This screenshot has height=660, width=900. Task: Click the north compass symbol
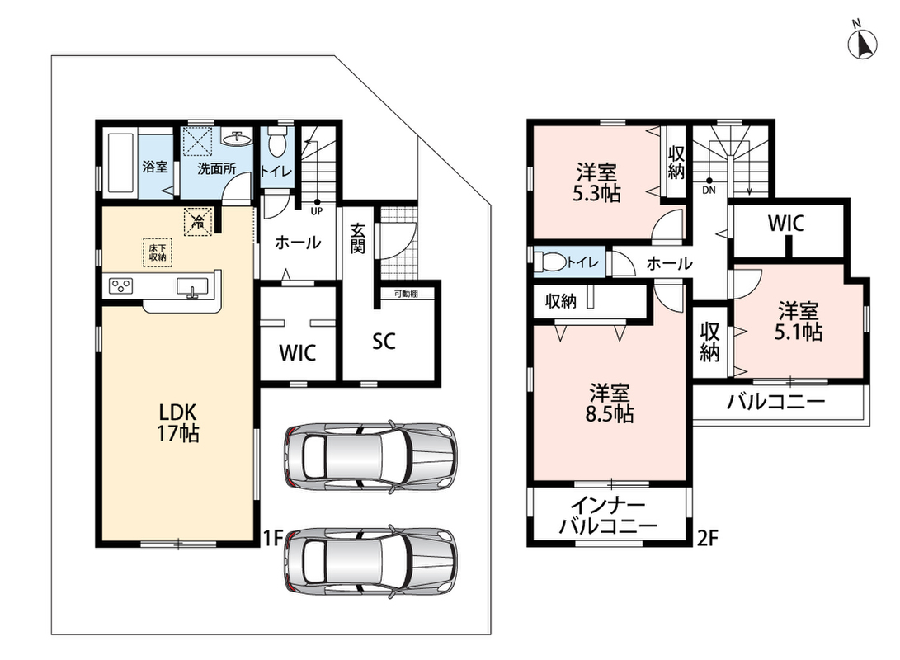[x=862, y=40]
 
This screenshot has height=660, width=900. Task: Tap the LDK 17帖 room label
[x=178, y=422]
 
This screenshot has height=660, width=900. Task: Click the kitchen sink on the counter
[x=192, y=286]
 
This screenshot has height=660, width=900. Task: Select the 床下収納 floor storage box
[x=158, y=253]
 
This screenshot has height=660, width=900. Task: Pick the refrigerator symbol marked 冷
[x=197, y=222]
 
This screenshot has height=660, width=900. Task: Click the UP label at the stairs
[x=316, y=210]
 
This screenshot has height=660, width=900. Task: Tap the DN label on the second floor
[x=709, y=190]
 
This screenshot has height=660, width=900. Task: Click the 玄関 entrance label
[x=357, y=238]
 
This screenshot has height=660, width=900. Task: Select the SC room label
[x=384, y=342]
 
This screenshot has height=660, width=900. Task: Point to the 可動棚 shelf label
[x=406, y=294]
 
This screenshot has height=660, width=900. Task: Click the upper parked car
[x=370, y=455]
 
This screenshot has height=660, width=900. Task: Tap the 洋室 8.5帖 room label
[x=610, y=403]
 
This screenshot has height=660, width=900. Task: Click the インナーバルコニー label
[x=609, y=516]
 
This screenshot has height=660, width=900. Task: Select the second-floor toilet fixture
[x=550, y=262]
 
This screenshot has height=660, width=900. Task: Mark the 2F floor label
[x=707, y=538]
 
